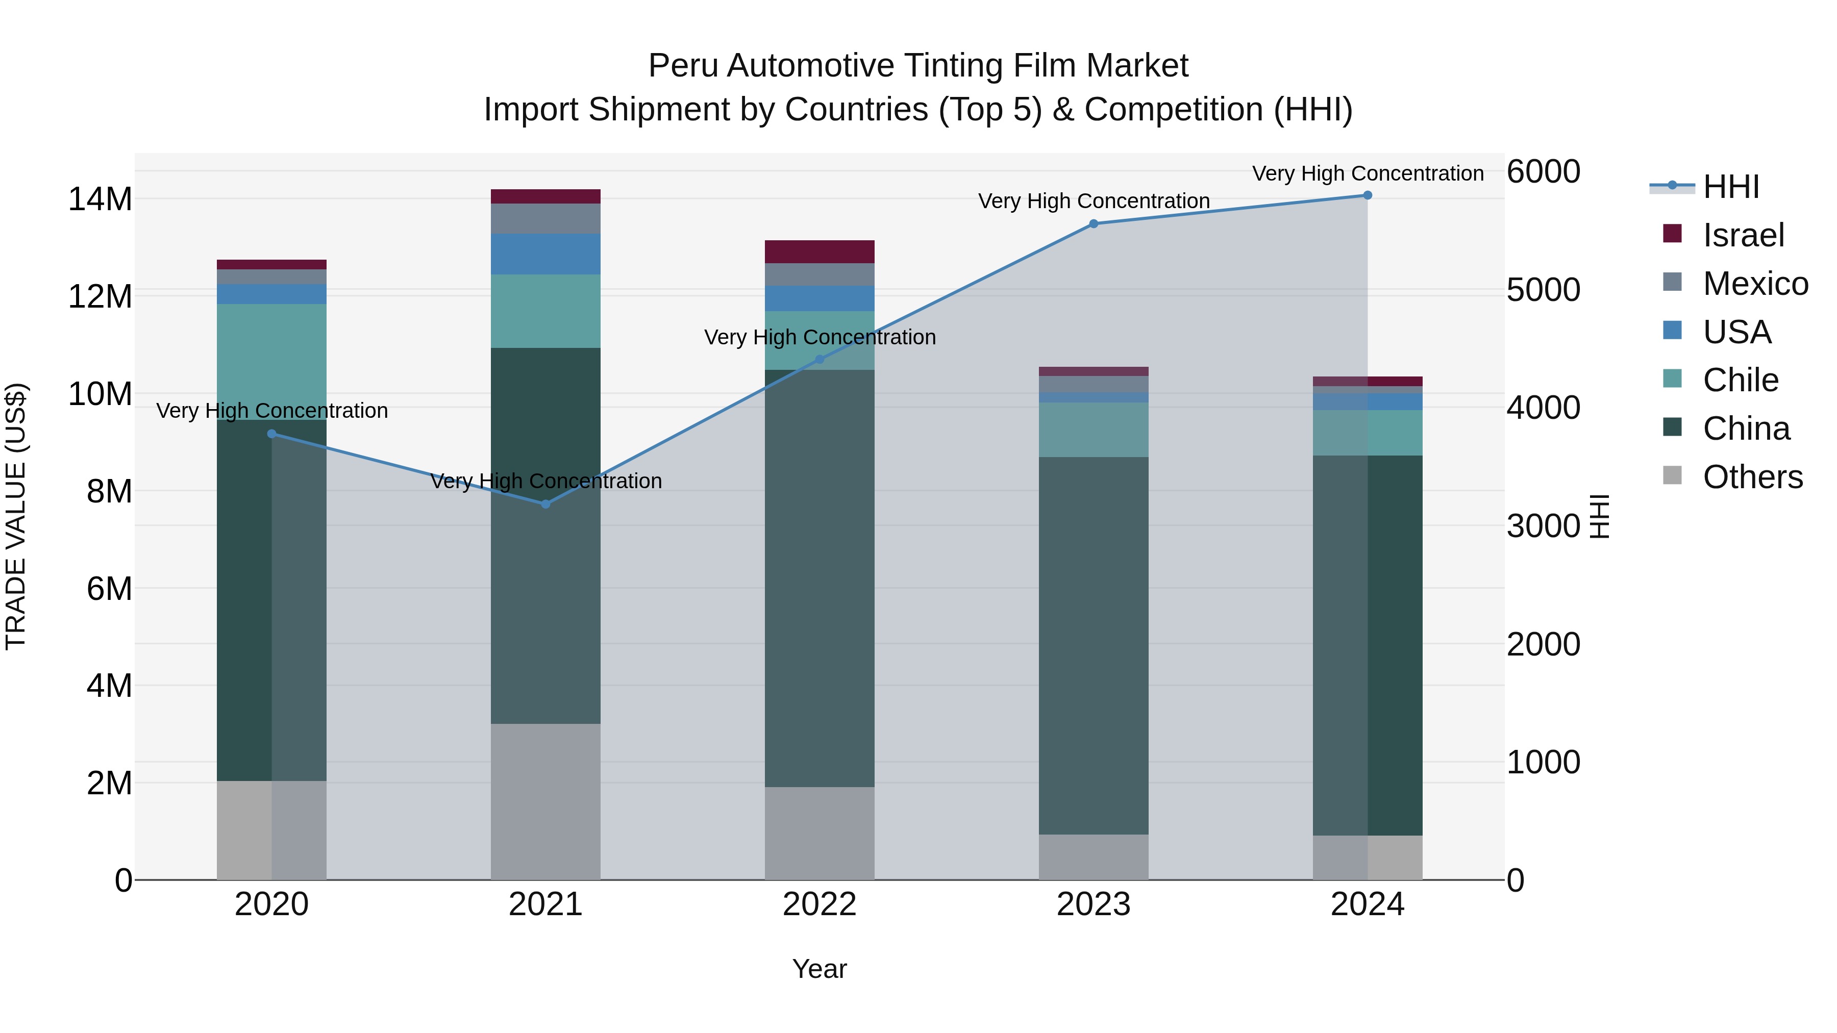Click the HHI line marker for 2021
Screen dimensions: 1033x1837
(x=545, y=504)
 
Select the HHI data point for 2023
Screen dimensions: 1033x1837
(x=1093, y=224)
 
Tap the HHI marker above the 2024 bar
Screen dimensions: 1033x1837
(x=1367, y=195)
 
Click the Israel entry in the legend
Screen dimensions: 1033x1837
(x=1743, y=235)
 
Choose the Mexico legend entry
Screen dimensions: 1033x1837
(x=1755, y=284)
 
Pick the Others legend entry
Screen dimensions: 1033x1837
(x=1752, y=477)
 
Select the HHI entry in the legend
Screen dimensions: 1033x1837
(x=1731, y=187)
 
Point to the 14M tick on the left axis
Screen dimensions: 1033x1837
(x=100, y=199)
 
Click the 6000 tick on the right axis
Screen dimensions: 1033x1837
(x=1543, y=172)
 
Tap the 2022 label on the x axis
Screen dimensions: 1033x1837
(x=820, y=904)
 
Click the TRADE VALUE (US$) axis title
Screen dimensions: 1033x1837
(x=16, y=516)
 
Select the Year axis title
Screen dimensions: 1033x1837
(x=820, y=969)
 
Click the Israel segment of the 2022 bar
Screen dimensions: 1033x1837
(x=820, y=251)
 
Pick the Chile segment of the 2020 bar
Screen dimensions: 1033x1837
(x=271, y=362)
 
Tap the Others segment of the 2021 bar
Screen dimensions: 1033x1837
(x=545, y=801)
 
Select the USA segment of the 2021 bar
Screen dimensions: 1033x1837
(x=545, y=254)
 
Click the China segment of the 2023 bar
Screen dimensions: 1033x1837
(x=1093, y=645)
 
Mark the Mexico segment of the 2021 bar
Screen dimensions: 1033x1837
(x=545, y=218)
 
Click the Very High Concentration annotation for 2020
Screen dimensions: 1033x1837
(x=271, y=411)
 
